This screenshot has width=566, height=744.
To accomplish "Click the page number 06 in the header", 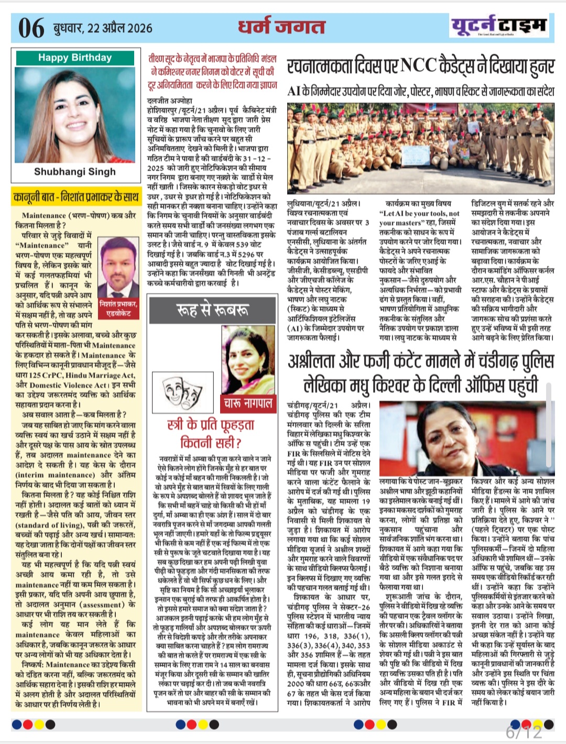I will tap(31, 28).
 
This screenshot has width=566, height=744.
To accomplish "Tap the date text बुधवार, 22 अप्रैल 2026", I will tap(103, 28).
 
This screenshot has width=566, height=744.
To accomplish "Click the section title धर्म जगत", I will tap(282, 27).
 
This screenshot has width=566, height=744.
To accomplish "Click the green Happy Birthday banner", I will tap(75, 58).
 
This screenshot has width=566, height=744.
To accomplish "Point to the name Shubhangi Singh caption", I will tap(75, 171).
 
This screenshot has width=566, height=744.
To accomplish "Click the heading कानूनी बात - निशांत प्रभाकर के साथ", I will tap(76, 197).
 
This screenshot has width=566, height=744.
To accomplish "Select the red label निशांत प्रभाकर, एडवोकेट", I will tap(118, 308).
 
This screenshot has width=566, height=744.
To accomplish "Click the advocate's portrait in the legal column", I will tap(118, 267).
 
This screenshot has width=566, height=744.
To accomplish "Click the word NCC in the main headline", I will tap(419, 66).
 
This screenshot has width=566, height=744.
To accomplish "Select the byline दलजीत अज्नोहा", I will tap(170, 100).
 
